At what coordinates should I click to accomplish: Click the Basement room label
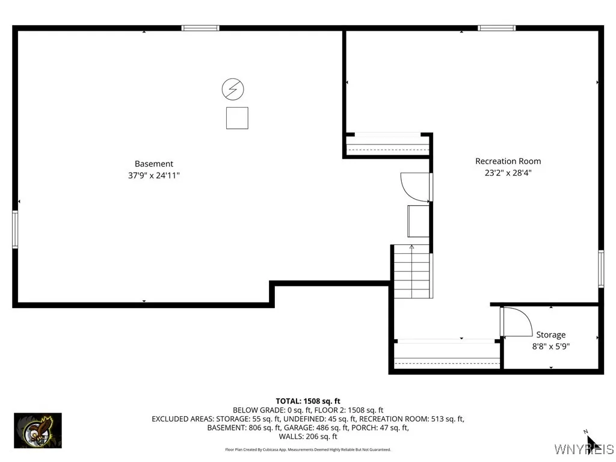(x=153, y=164)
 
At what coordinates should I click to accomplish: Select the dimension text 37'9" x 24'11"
(x=153, y=176)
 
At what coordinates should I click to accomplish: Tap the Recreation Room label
(x=508, y=161)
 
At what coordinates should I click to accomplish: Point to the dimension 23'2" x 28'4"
(x=508, y=173)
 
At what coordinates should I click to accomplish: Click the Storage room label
(x=550, y=334)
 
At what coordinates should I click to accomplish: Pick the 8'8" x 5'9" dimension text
(x=550, y=346)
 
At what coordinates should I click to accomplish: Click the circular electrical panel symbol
(x=233, y=90)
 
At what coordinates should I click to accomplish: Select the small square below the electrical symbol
(x=237, y=118)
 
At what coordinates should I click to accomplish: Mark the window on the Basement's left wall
(x=15, y=229)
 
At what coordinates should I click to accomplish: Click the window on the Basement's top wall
(x=200, y=28)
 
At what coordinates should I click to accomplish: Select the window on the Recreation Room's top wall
(x=496, y=28)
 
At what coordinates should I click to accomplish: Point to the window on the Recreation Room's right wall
(x=600, y=268)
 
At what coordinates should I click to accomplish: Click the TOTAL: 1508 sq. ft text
(x=308, y=401)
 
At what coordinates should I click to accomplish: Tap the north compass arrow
(x=591, y=442)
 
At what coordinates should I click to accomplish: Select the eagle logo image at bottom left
(x=38, y=430)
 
